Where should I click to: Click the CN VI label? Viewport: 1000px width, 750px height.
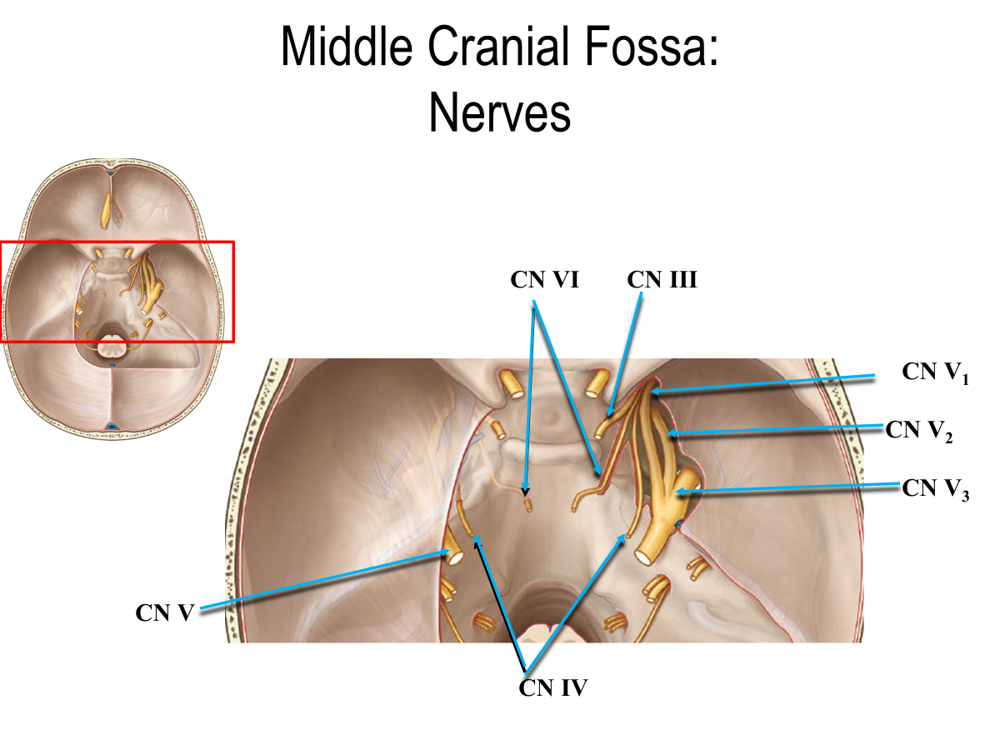(544, 281)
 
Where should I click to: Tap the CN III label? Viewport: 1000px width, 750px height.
(662, 281)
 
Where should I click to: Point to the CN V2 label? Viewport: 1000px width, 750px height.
(919, 431)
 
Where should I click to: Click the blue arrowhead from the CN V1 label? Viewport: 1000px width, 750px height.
(655, 390)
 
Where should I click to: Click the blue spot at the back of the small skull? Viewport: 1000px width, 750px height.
(111, 427)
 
